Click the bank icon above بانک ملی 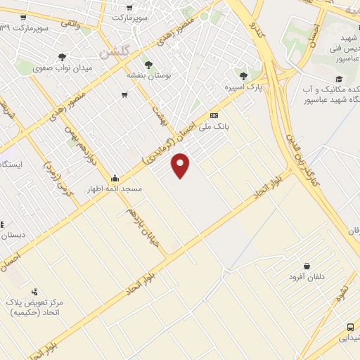tap(214, 116)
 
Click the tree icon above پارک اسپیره tap(243, 76)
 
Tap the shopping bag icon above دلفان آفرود tap(307, 266)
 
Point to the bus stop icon tap(350, 327)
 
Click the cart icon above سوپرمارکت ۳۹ tap(24, 18)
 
